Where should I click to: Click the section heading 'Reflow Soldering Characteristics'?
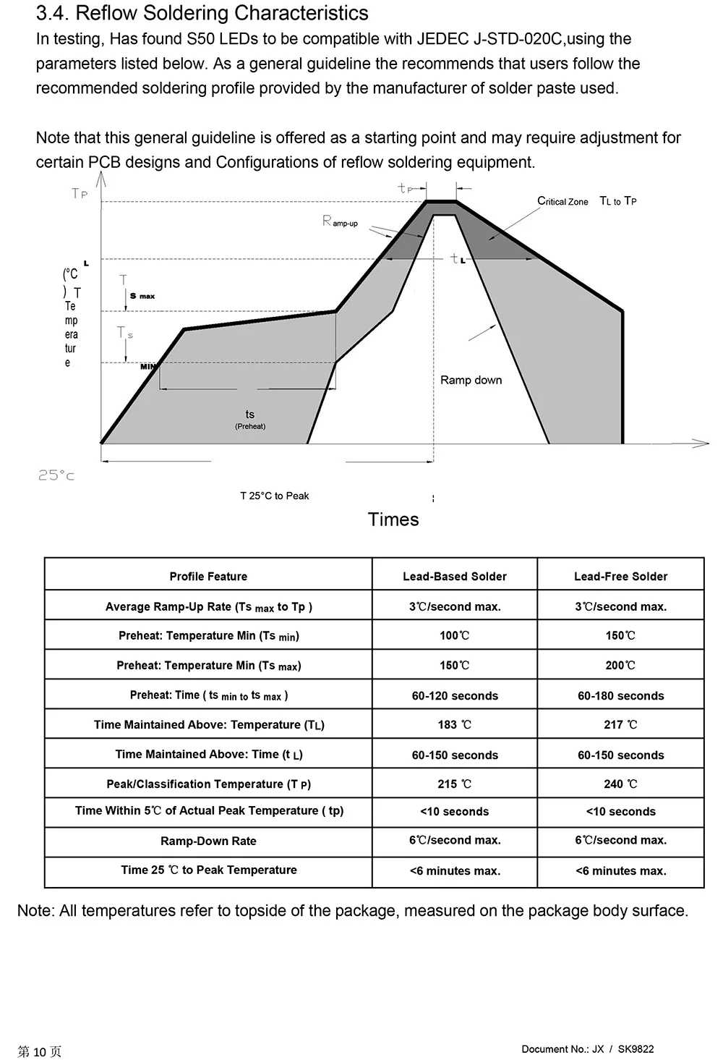point(222,13)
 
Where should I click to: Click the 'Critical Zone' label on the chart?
point(562,201)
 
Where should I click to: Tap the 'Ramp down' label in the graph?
point(471,380)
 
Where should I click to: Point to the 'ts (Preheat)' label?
point(250,419)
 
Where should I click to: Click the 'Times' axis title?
point(393,520)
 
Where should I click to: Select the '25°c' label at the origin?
point(56,475)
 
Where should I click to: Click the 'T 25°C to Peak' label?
point(275,496)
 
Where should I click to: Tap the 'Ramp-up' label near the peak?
point(341,222)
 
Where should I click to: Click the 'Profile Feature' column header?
point(208,576)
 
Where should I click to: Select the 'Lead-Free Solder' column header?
point(620,576)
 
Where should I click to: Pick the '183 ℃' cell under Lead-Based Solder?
point(455,724)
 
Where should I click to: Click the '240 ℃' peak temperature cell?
point(620,784)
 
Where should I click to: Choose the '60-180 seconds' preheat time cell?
point(620,695)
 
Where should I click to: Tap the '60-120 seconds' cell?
point(455,695)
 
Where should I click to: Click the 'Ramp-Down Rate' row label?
point(208,841)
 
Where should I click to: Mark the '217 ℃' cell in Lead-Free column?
point(620,724)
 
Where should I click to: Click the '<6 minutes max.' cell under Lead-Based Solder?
point(455,870)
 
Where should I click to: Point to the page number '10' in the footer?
point(40,1051)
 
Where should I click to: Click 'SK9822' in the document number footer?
point(636,1048)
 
